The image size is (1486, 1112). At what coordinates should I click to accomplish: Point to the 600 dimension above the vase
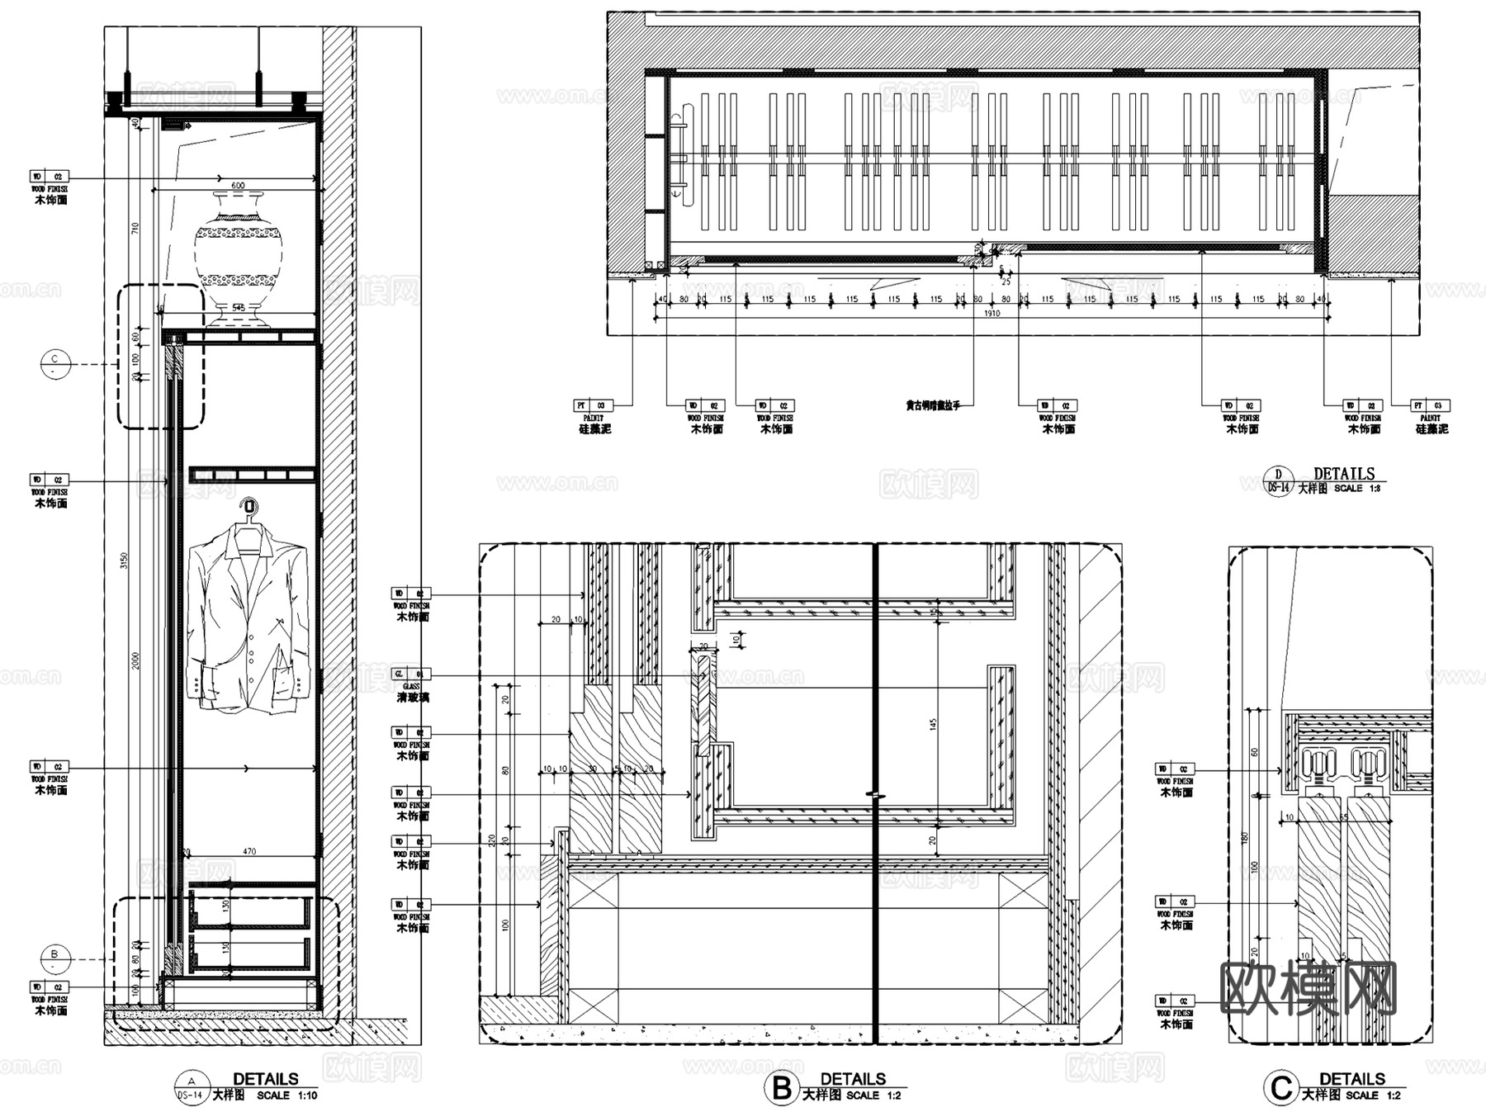click(238, 186)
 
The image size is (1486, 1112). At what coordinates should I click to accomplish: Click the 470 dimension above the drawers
click(249, 851)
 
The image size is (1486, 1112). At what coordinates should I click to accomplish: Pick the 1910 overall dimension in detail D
click(991, 314)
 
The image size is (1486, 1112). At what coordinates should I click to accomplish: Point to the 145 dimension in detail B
click(933, 724)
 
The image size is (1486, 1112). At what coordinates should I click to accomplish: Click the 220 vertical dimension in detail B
click(493, 840)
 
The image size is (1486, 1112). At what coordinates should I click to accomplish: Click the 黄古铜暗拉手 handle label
click(933, 406)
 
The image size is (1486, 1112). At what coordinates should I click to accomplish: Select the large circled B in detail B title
click(780, 1088)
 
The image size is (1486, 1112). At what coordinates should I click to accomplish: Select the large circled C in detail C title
click(1280, 1088)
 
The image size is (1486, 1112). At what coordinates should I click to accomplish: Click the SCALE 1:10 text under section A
click(286, 1095)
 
